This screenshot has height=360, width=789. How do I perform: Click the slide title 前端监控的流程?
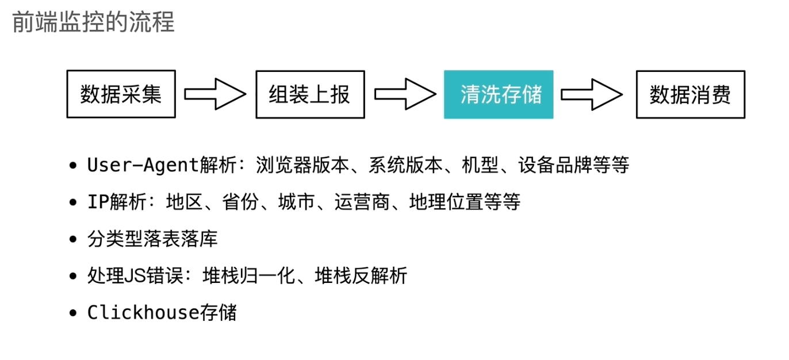93,22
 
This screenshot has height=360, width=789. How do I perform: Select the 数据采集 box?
121,94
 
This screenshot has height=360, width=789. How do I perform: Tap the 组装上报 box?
310,94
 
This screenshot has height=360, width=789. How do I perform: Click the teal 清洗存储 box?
498,94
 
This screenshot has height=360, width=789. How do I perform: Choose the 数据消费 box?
690,94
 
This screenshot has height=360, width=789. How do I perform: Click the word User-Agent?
143,166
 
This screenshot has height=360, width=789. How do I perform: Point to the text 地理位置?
446,202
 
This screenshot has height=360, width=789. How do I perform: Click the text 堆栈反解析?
361,276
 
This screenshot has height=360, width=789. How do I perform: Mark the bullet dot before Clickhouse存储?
72,313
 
